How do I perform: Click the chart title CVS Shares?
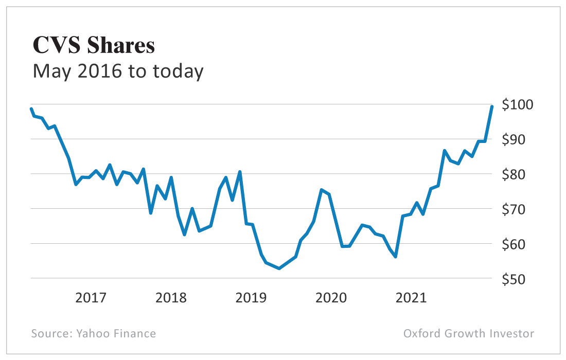point(94,45)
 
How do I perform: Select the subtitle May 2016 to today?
point(118,71)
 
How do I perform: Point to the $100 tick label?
point(518,104)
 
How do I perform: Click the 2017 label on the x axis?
point(91,298)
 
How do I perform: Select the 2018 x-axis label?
point(171,298)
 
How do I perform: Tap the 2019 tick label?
point(251,298)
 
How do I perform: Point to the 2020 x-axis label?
point(331,298)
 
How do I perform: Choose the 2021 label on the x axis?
point(411,298)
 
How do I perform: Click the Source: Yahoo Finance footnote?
point(93,333)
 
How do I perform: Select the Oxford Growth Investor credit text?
point(468,333)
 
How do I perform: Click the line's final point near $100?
point(492,106)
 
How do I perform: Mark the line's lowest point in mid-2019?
point(279,268)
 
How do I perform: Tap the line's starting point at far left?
point(31,109)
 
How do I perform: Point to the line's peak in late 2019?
point(321,190)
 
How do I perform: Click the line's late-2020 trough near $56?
point(395,257)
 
